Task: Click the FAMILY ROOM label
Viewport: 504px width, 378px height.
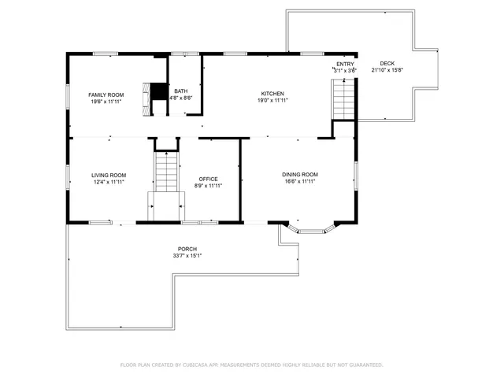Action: point(106,94)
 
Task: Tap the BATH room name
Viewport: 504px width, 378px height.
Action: point(181,91)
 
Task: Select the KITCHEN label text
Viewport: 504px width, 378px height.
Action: point(272,94)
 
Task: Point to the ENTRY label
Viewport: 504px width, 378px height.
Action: point(345,64)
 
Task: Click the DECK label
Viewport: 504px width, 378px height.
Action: point(387,64)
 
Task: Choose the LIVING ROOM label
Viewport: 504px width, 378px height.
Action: point(109,175)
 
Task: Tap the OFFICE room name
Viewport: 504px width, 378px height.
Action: point(208,179)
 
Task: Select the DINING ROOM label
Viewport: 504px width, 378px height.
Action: point(300,174)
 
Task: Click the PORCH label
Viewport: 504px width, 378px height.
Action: point(187,249)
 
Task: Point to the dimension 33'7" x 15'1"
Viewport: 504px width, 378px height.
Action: point(187,255)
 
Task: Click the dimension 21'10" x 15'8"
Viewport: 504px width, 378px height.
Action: point(387,70)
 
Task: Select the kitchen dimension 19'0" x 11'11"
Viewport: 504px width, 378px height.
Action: point(272,100)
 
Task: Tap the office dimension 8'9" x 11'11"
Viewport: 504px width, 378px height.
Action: point(208,185)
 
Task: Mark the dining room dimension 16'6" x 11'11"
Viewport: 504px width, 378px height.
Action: point(300,180)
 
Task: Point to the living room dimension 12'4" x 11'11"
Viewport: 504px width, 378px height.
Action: point(109,181)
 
